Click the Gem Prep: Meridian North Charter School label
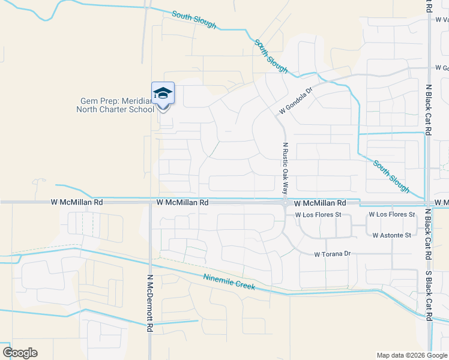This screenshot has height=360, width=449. (115, 105)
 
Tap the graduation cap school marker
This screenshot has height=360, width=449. (163, 93)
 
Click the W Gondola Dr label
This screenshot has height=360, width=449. (296, 103)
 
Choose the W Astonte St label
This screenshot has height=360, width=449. (391, 235)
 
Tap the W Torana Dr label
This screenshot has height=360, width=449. (332, 254)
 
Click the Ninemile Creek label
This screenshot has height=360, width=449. (229, 282)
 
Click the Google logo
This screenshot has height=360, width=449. (20, 353)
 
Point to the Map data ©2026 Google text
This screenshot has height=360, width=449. (411, 355)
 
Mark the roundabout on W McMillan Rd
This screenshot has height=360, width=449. (285, 203)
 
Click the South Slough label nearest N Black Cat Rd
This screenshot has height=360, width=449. (391, 176)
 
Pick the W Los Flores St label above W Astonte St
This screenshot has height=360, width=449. (391, 214)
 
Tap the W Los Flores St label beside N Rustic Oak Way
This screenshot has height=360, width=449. (318, 214)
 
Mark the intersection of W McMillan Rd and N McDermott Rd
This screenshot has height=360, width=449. (149, 203)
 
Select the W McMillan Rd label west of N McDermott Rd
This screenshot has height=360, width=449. (77, 203)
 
